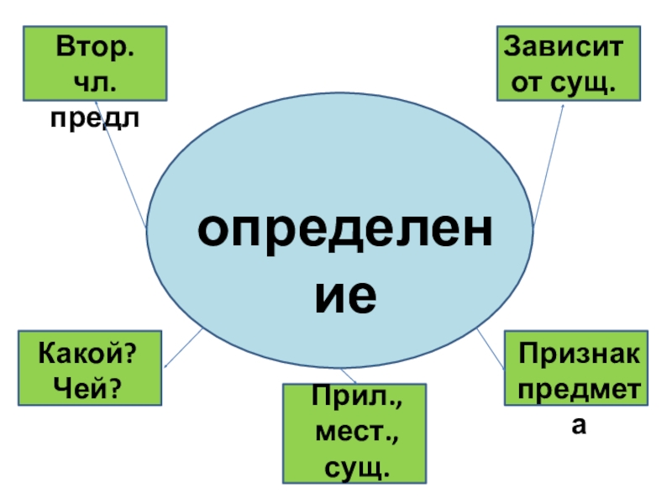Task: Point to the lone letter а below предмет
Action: [x=578, y=428]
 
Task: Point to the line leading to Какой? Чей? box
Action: [x=183, y=348]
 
